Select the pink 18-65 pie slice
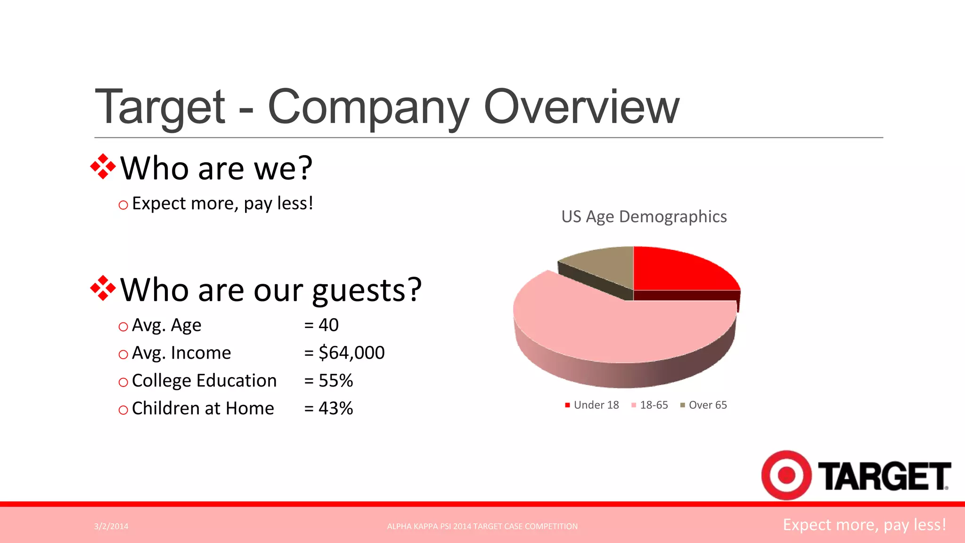pos(613,330)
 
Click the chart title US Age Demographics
pos(644,217)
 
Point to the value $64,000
pos(351,353)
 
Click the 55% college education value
pos(335,380)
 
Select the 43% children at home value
pos(335,408)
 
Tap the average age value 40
pos(328,325)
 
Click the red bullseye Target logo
pos(786,475)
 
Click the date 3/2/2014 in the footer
pos(111,527)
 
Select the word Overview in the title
pos(581,107)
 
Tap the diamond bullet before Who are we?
pos(103,167)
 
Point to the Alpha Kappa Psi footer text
pos(482,527)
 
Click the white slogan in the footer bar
pos(864,525)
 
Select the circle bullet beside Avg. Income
pos(123,354)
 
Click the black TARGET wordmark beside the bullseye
pos(884,476)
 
